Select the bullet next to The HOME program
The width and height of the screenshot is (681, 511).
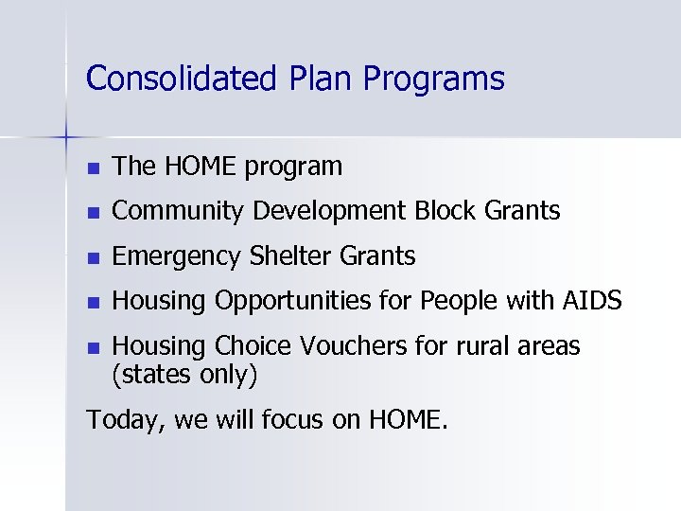[x=92, y=168]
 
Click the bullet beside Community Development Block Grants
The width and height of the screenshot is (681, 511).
[x=92, y=213]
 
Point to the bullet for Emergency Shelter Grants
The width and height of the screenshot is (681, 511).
[x=92, y=257]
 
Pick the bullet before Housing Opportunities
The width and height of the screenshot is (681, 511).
[x=92, y=302]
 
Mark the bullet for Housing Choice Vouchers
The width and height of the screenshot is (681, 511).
[x=92, y=347]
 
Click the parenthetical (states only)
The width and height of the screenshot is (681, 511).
[x=184, y=375]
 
